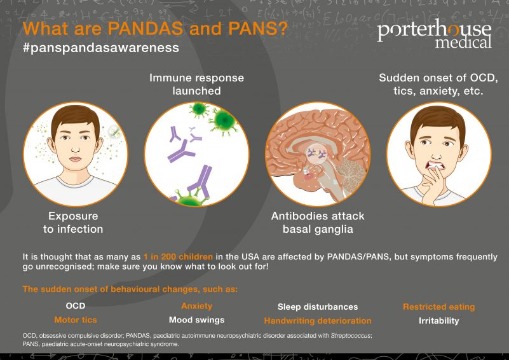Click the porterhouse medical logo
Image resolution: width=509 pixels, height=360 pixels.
[x=434, y=35]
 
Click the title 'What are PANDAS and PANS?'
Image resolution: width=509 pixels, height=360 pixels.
[x=155, y=29]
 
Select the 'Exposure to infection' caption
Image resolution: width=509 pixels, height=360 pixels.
[x=73, y=222]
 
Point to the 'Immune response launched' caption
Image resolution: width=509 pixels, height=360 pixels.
[x=196, y=84]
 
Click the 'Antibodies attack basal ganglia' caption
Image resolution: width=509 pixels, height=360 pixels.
[x=317, y=222]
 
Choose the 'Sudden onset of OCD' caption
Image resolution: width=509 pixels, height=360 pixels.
[x=438, y=84]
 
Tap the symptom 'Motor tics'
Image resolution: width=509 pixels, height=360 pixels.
[x=76, y=320]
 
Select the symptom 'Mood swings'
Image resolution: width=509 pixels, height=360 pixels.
[x=196, y=320]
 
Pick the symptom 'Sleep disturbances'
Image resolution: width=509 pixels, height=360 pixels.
[x=318, y=307]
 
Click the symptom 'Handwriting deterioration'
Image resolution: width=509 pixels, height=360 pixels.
[x=318, y=321]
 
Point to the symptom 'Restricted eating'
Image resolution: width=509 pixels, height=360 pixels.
[x=438, y=307]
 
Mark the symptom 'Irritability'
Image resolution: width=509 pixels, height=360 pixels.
[x=438, y=321]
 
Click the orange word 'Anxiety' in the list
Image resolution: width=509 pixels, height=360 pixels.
[x=196, y=306]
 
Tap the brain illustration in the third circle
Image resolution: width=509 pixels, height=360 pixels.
[x=317, y=153]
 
